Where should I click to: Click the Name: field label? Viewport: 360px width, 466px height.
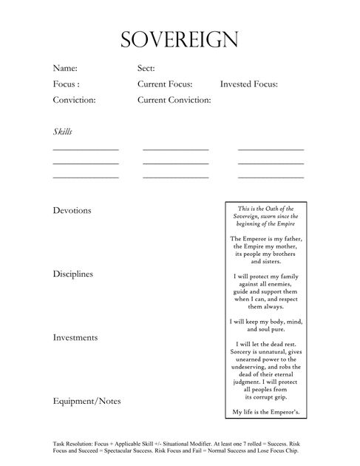[x=65, y=69]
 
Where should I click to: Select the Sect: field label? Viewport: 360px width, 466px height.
[x=146, y=69]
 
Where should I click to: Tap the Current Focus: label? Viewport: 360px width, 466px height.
[x=165, y=84]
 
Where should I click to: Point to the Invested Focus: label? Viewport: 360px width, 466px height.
[x=248, y=84]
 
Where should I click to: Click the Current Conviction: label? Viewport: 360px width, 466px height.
[x=174, y=100]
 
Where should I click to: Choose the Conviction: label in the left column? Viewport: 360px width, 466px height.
[x=75, y=100]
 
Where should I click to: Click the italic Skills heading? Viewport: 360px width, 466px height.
[x=63, y=132]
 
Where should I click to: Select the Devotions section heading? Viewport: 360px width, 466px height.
[x=72, y=210]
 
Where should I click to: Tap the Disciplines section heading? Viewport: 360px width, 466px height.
[x=73, y=274]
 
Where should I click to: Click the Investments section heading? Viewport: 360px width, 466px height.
[x=75, y=337]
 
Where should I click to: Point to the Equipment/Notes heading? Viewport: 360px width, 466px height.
[x=86, y=401]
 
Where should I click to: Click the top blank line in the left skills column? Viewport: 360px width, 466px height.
[x=86, y=149]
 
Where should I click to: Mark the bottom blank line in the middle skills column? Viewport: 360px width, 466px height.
[x=176, y=178]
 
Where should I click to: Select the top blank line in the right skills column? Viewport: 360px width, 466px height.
[x=271, y=149]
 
